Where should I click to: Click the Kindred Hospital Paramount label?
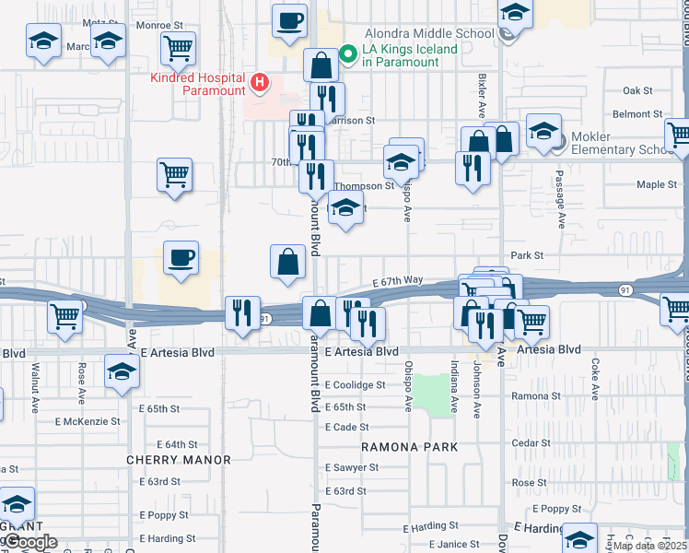[198, 84]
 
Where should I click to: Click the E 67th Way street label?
[397, 280]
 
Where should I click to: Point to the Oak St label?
[636, 91]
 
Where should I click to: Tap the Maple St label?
[657, 184]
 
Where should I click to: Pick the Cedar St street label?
[531, 443]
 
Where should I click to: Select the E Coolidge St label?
[355, 385]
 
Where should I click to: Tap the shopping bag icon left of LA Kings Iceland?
[321, 65]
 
